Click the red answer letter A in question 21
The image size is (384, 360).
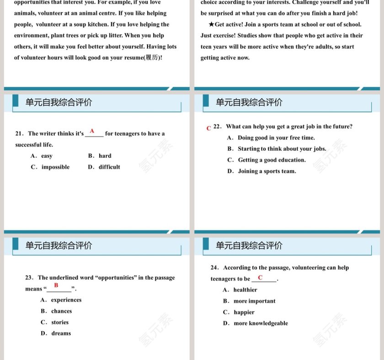92,131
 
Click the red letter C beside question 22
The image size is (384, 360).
209,129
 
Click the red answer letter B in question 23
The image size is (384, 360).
56,286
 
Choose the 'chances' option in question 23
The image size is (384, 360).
61,312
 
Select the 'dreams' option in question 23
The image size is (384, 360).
61,334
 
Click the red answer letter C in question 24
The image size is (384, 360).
260,277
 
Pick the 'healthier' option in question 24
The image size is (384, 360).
245,290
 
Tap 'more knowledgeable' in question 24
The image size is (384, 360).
261,323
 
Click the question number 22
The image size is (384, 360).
217,127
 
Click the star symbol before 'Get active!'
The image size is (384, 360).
211,25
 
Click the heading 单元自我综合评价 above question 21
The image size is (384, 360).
59,103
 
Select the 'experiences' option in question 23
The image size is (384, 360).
66,300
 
